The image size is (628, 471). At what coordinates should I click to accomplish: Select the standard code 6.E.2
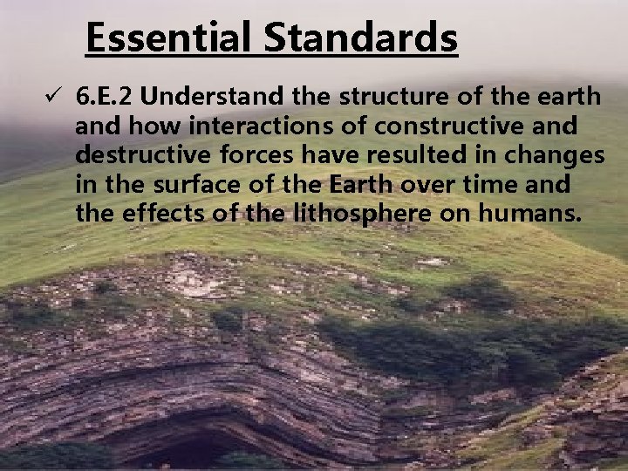pos(109,97)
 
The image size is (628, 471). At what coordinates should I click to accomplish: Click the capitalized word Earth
pos(364,185)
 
